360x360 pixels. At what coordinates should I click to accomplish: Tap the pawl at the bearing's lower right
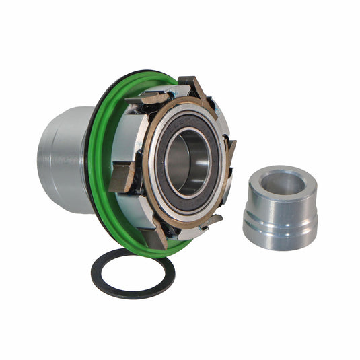coord(211,221)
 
